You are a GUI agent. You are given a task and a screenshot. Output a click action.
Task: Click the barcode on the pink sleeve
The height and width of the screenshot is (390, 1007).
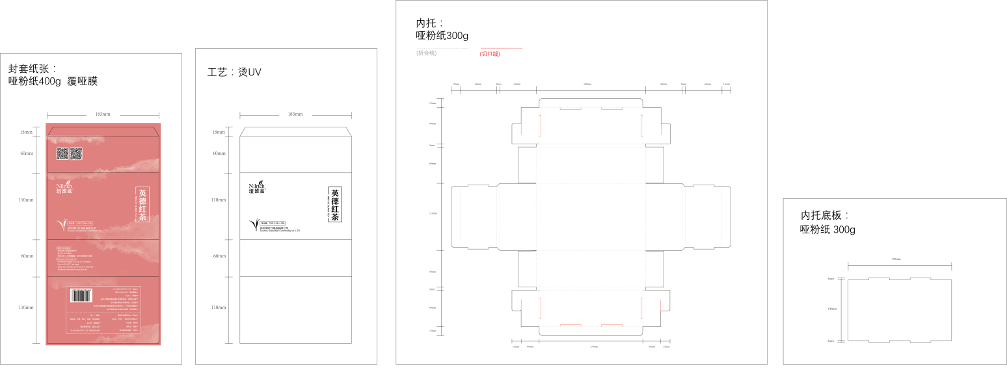pos(81,295)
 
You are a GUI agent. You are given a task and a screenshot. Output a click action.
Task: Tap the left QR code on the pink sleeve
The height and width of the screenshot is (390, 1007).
pos(62,154)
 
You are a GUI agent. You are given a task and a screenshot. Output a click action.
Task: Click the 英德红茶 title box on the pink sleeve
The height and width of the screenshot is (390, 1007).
pos(142,205)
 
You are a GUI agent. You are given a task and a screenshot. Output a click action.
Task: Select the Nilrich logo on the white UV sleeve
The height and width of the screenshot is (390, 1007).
pos(257,187)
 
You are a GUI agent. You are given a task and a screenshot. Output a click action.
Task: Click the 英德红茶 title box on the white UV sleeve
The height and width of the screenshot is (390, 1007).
pos(335,205)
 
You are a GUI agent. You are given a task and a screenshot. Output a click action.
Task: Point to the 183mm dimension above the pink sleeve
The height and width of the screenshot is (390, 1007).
pos(103,114)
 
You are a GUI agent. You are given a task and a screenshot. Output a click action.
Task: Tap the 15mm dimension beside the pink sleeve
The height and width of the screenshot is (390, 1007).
pos(26,132)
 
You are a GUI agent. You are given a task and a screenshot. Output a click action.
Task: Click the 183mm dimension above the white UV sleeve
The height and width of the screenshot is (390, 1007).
pos(295,114)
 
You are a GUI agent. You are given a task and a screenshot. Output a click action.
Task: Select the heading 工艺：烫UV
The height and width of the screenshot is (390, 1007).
pos(234,72)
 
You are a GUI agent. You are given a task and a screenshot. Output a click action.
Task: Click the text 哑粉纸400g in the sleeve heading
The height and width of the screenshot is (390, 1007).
pos(34,81)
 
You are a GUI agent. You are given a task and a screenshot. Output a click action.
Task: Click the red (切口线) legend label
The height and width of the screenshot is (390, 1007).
pos(490,53)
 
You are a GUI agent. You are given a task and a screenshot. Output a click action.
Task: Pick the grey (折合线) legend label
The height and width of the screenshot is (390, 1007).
pos(427,53)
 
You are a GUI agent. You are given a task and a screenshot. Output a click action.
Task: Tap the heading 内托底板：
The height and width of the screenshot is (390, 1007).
pos(825,215)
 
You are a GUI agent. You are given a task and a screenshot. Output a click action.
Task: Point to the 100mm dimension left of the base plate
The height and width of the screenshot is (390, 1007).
pos(831,309)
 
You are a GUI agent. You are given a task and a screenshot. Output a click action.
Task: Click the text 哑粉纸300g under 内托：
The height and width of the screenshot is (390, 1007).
pos(442,36)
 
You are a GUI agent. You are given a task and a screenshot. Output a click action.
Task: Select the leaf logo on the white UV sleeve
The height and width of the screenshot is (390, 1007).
pos(254,226)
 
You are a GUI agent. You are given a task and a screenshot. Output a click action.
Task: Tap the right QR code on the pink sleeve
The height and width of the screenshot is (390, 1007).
pos(77,154)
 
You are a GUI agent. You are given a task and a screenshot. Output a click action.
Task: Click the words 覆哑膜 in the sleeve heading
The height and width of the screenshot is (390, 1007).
pos(83,81)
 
